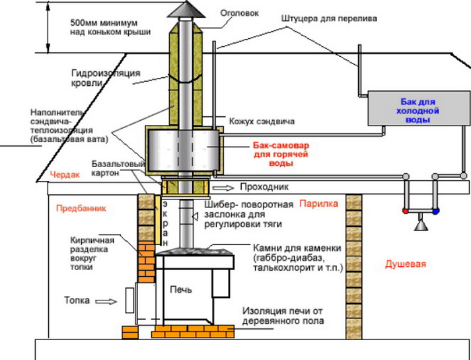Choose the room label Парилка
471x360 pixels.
click(320, 203)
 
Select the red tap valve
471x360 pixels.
click(404, 211)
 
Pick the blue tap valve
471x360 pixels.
click(436, 211)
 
